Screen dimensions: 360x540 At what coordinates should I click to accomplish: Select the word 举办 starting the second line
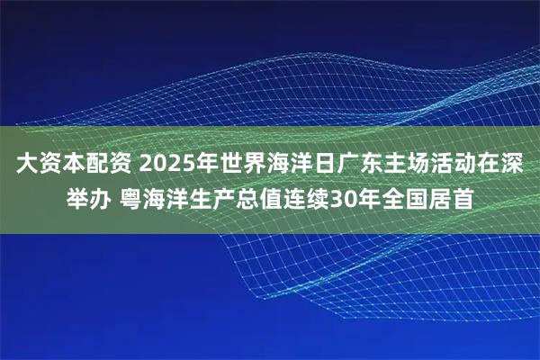coord(92,197)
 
